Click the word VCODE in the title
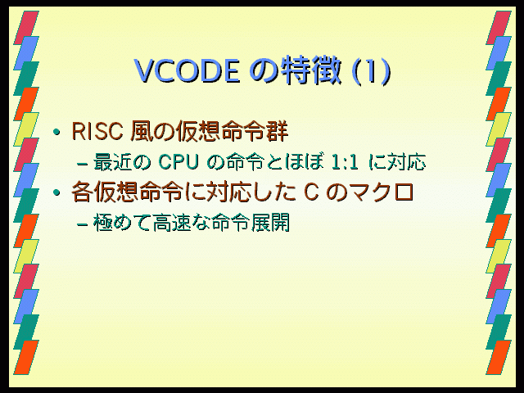pyautogui.click(x=187, y=71)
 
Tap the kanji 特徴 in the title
pyautogui.click(x=312, y=70)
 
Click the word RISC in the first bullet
pyautogui.click(x=97, y=131)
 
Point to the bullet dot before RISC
pyautogui.click(x=56, y=133)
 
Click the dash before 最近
pyautogui.click(x=82, y=164)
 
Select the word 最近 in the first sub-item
pyautogui.click(x=113, y=162)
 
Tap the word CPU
pyautogui.click(x=178, y=162)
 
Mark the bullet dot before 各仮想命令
pyautogui.click(x=56, y=192)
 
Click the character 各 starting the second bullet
pyautogui.click(x=82, y=192)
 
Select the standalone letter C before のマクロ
pyautogui.click(x=311, y=192)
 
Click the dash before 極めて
pyautogui.click(x=82, y=224)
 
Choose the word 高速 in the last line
pyautogui.click(x=172, y=223)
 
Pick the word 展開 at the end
pyautogui.click(x=270, y=223)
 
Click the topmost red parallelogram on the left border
pyautogui.click(x=26, y=27)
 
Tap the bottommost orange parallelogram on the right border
pyautogui.click(x=499, y=357)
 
